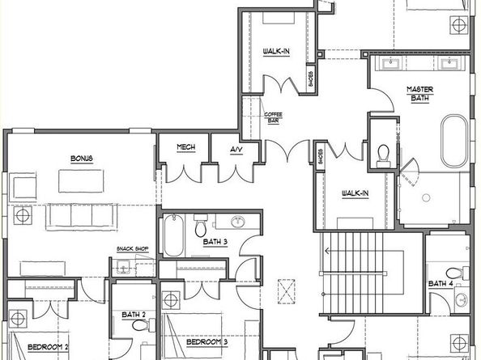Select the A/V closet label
[236, 150]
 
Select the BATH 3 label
[215, 241]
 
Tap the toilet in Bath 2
[143, 326]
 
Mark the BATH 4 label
[441, 283]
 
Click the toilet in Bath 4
[464, 273]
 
